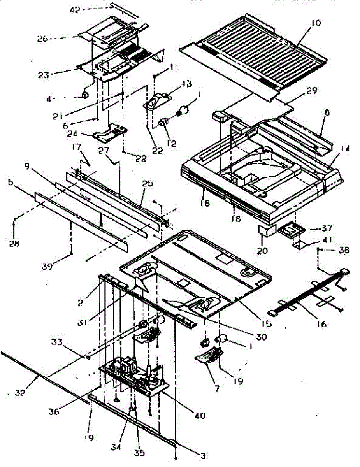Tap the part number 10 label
coord(316,23)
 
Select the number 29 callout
coord(312,91)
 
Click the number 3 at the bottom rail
coord(202,455)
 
